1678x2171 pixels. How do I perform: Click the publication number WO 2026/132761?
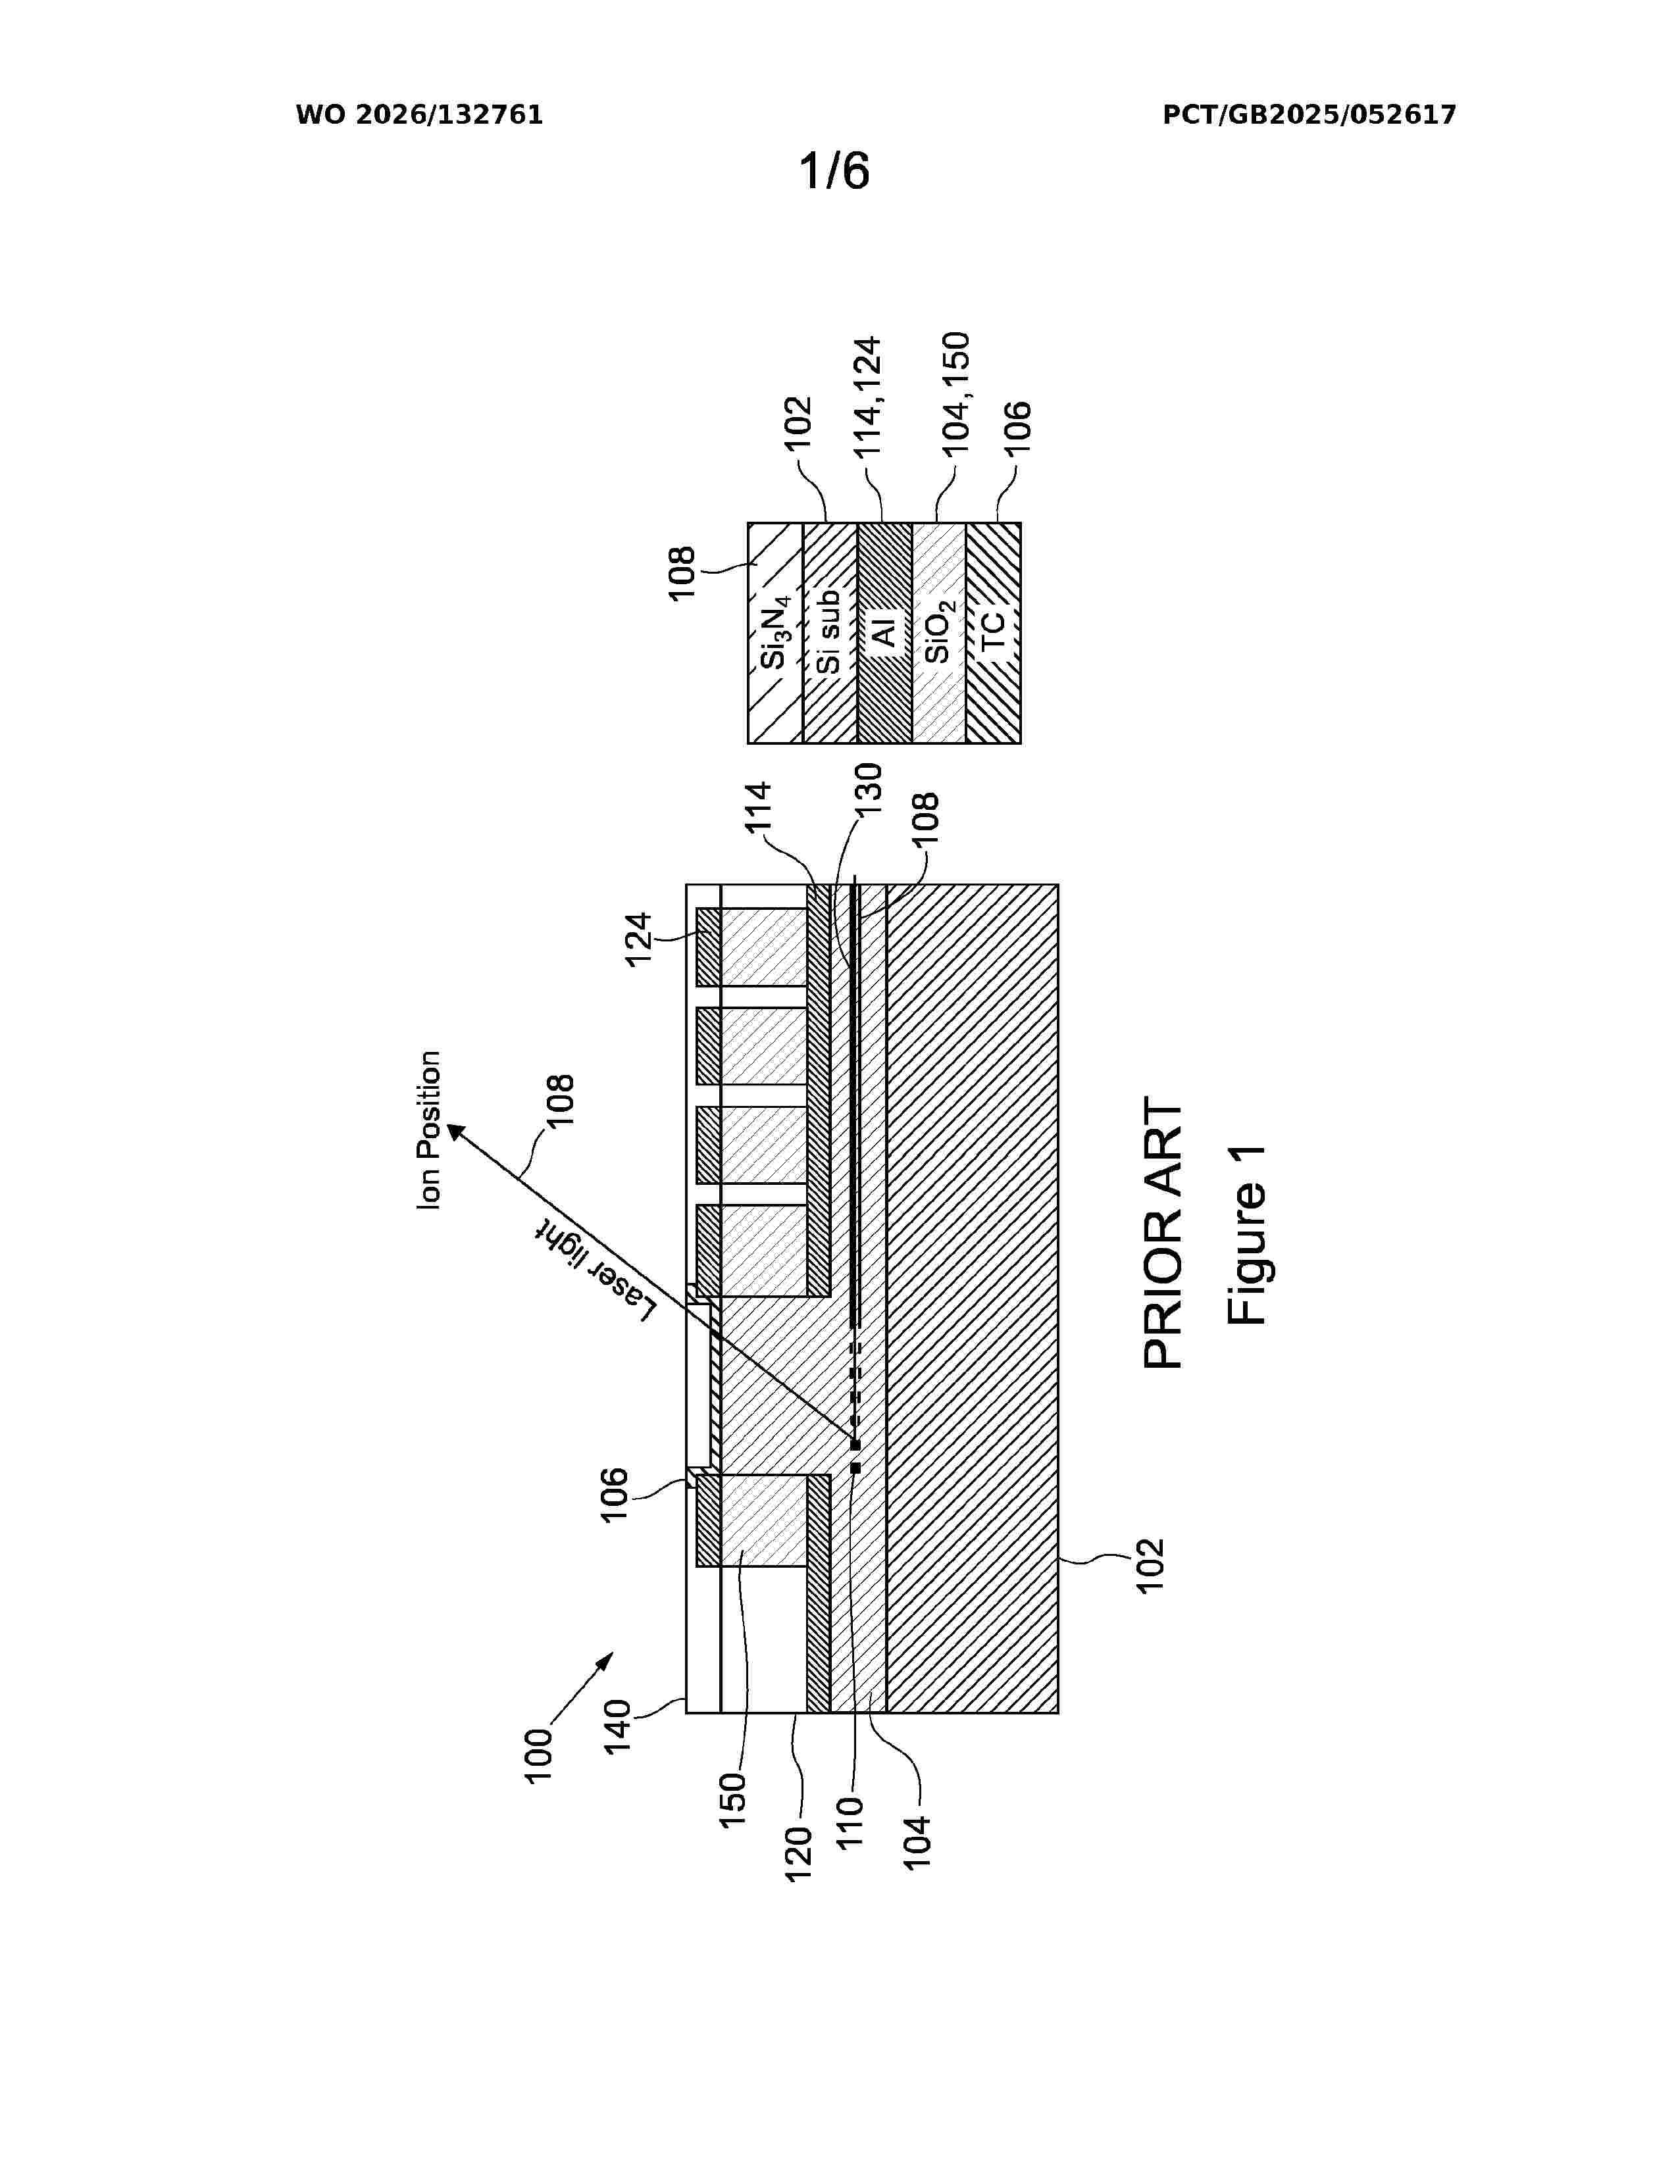click(x=420, y=115)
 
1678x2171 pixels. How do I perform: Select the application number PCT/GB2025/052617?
click(x=1309, y=115)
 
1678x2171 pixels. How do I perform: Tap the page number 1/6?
click(x=835, y=171)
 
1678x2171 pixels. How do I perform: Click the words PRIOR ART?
click(x=1162, y=1233)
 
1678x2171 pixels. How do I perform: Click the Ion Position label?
click(x=428, y=1130)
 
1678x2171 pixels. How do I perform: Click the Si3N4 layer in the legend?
click(x=775, y=633)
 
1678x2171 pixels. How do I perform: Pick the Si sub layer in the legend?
click(x=830, y=633)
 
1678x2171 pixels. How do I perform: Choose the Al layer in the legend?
click(x=884, y=633)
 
